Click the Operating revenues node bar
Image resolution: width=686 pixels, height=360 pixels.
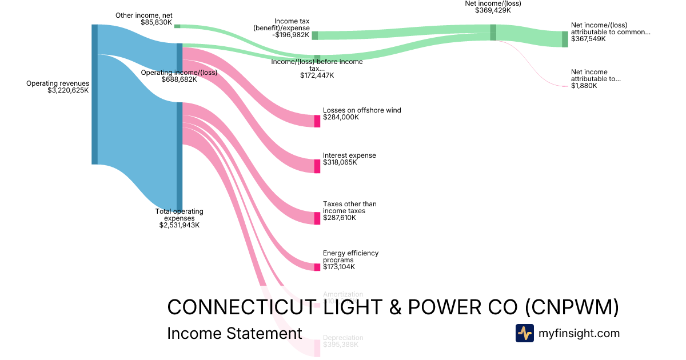(x=94, y=94)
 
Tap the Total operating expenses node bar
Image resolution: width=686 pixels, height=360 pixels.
(x=180, y=157)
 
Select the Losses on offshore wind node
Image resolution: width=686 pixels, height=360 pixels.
(x=317, y=121)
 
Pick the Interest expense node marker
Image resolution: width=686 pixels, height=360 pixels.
(x=317, y=166)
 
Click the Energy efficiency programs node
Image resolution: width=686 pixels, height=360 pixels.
(x=317, y=267)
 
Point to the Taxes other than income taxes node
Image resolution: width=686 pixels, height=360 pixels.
(x=317, y=218)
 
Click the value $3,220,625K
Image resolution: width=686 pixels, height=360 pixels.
(x=68, y=90)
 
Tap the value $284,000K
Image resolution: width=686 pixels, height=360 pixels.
(x=341, y=117)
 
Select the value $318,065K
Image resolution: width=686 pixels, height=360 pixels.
(x=340, y=162)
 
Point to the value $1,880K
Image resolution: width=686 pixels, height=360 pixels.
(x=584, y=86)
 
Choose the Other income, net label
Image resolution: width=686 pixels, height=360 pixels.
(x=143, y=15)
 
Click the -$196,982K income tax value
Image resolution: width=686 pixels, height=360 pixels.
(x=291, y=35)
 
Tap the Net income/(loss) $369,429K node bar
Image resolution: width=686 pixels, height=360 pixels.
(x=493, y=32)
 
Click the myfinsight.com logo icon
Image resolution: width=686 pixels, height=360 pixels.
(x=524, y=333)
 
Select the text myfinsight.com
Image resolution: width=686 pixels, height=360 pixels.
(x=579, y=333)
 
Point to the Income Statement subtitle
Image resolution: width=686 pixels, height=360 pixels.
(x=234, y=334)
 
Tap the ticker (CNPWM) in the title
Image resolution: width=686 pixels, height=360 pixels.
(x=572, y=307)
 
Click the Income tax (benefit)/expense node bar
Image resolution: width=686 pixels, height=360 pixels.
(x=315, y=35)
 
